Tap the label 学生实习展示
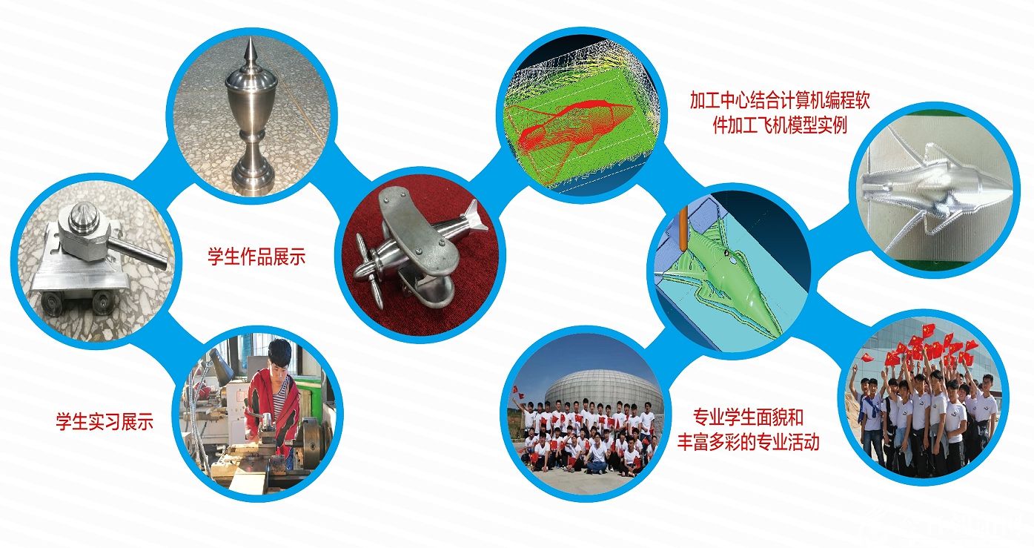coord(105,421)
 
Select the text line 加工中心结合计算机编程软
coord(780,101)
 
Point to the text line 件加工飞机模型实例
coord(780,125)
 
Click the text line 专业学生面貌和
coord(748,417)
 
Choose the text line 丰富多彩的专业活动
coord(748,442)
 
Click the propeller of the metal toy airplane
coord(369,268)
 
